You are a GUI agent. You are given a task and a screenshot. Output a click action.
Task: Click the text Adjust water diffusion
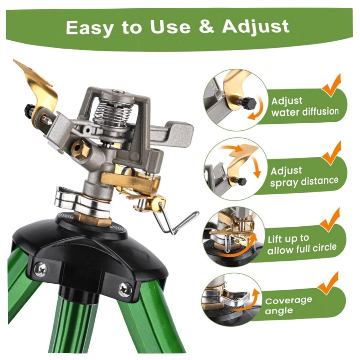pos(304,107)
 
